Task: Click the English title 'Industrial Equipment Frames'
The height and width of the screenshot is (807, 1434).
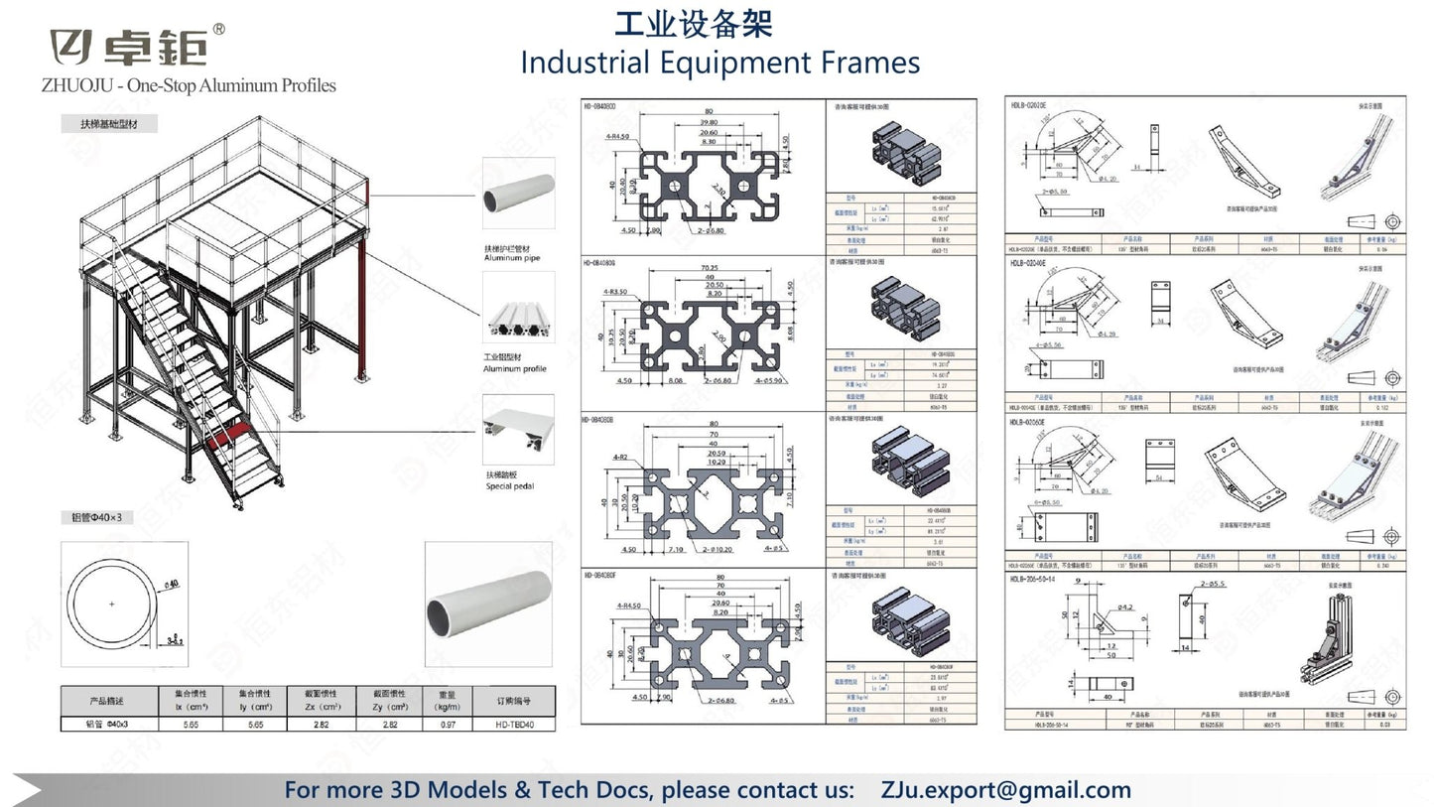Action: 719,63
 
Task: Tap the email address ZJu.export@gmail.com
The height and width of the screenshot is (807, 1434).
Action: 1005,790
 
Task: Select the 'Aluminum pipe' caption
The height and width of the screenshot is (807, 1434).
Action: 511,258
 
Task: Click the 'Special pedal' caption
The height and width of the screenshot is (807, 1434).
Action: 509,486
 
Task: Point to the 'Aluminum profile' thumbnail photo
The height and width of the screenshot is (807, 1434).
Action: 518,308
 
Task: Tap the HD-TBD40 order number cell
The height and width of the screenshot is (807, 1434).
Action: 514,725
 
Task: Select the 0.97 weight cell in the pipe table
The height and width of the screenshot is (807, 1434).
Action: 445,725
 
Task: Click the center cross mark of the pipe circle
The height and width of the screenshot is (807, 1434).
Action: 111,604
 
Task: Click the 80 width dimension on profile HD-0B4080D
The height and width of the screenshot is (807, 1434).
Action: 709,111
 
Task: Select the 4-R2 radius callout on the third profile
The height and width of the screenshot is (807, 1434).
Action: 621,459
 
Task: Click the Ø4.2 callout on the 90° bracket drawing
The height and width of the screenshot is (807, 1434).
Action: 1124,605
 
